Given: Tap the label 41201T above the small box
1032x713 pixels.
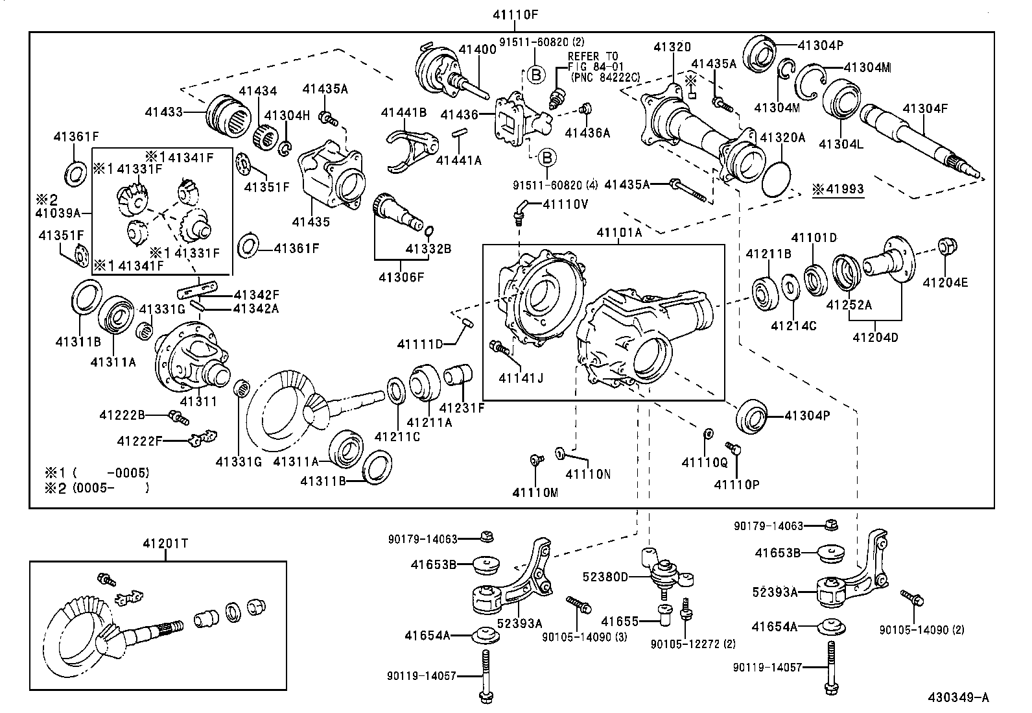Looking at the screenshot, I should click(165, 544).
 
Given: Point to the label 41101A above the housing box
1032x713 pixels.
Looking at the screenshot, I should click(618, 232).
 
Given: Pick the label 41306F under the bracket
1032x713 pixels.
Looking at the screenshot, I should click(401, 277).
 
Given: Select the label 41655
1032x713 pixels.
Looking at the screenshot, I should click(620, 622).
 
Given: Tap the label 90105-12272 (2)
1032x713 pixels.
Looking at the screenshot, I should click(693, 644).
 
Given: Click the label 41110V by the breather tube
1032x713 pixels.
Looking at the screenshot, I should click(565, 204).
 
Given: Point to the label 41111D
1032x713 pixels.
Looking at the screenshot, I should click(419, 343).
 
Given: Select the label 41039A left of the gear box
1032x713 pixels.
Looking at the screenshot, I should click(58, 212).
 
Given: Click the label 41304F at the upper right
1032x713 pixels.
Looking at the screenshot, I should click(925, 108).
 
